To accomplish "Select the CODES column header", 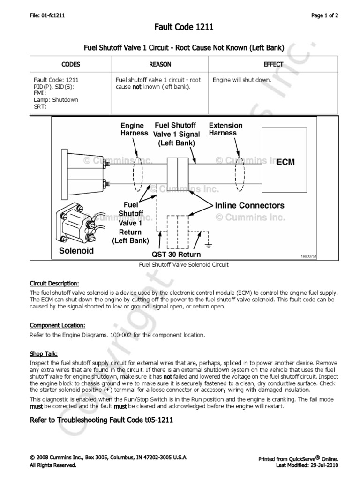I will [x=71, y=64].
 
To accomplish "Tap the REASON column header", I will [x=160, y=64].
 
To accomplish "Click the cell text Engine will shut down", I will [x=242, y=80].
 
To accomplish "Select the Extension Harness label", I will [x=225, y=129].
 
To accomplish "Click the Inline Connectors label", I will [x=249, y=205].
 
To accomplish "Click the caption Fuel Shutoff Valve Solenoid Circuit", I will [x=184, y=265].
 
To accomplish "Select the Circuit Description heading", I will [x=54, y=284].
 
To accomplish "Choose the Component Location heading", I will [x=57, y=325].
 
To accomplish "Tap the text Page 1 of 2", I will [x=324, y=15].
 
